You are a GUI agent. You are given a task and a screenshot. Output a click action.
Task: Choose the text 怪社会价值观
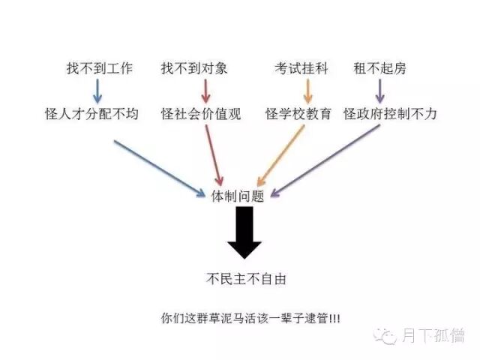point(201,115)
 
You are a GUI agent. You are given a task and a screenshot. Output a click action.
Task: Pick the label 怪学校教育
point(298,115)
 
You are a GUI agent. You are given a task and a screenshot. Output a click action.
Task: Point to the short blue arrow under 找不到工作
point(97,91)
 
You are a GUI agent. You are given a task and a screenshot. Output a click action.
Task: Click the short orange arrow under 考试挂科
point(307,91)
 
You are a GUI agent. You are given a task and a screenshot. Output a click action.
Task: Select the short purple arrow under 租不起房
point(379,91)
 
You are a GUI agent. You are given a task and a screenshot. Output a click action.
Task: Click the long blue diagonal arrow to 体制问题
point(159,166)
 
